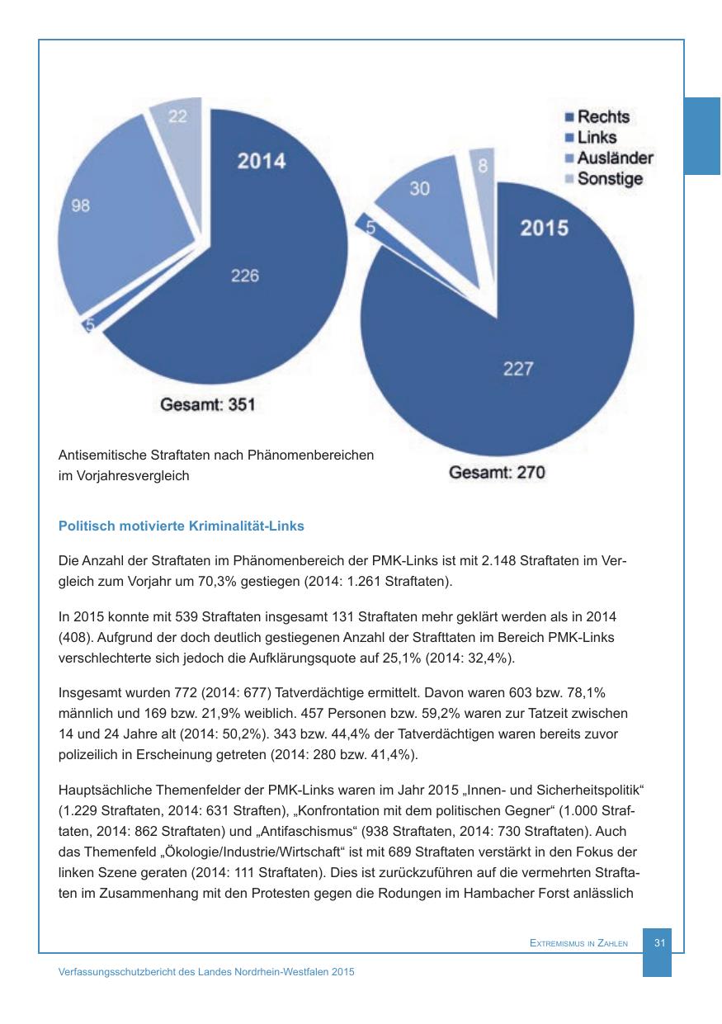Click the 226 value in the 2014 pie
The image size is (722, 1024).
[244, 276]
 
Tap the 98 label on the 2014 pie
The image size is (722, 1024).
[81, 206]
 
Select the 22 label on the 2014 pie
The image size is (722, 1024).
[177, 117]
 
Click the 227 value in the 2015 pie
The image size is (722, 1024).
[518, 369]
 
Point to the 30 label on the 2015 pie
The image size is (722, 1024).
[419, 189]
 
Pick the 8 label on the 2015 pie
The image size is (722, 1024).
[483, 166]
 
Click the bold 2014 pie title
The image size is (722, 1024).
[262, 161]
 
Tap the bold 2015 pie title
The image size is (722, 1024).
[544, 227]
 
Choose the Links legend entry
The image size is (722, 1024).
[596, 138]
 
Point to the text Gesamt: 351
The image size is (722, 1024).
[207, 404]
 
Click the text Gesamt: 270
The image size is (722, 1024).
[497, 473]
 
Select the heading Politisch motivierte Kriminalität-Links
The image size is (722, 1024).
[182, 526]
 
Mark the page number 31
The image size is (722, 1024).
[659, 942]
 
